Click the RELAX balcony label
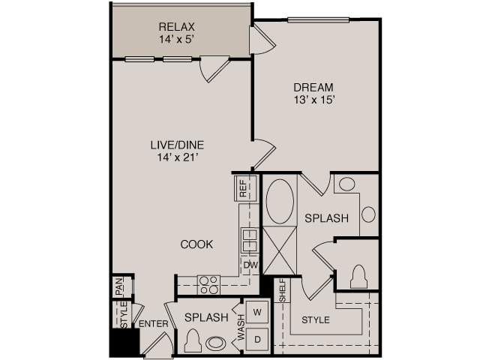point(177,27)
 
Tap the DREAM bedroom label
point(313,88)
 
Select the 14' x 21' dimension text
point(177,157)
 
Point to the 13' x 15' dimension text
point(313,100)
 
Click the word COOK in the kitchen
point(196,244)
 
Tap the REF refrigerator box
point(245,188)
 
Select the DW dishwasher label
point(250,265)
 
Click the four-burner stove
point(208,285)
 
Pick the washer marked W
point(257,312)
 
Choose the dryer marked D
point(257,339)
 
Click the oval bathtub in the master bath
point(280,202)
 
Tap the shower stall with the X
point(280,250)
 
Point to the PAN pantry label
point(119,286)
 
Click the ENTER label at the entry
point(153,324)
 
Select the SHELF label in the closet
point(282,290)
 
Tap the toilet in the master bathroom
point(358,277)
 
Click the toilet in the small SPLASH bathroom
point(193,340)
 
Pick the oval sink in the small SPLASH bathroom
point(216,343)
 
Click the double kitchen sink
point(250,240)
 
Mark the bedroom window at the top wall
point(318,20)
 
